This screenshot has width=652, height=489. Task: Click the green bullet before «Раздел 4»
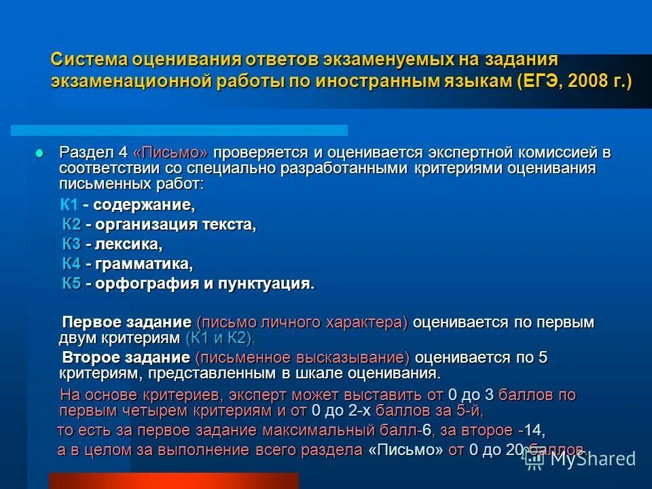tap(39, 152)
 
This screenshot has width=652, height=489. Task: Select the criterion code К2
tap(72, 225)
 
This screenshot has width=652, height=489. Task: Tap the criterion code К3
tap(72, 244)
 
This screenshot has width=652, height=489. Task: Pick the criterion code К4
tap(72, 264)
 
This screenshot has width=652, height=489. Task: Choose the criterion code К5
tap(72, 284)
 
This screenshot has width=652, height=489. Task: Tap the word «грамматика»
tap(143, 264)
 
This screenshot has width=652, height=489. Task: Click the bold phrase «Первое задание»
tap(126, 323)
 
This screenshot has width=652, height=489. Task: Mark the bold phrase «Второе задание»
tap(126, 358)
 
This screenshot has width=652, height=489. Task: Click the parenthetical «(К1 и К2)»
tap(219, 338)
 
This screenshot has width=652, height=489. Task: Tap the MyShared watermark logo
tap(580, 458)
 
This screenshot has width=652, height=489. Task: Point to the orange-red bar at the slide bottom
tap(174, 480)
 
